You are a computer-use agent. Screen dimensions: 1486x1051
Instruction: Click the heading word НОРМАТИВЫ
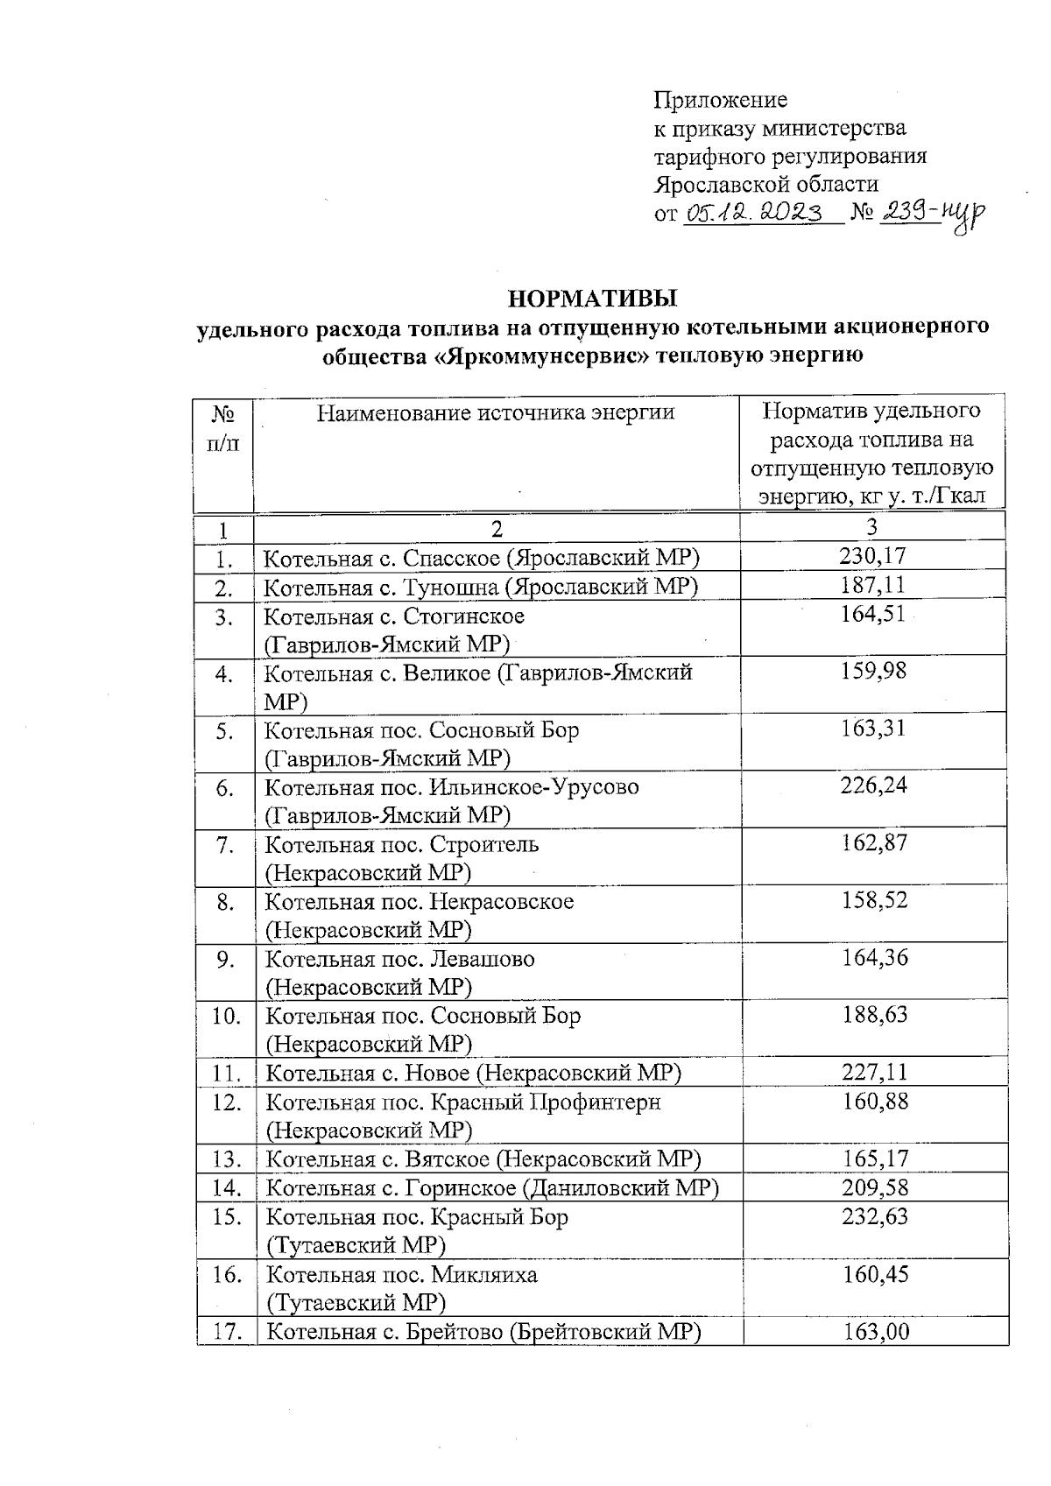pos(593,299)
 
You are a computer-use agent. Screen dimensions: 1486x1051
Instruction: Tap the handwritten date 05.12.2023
pos(753,213)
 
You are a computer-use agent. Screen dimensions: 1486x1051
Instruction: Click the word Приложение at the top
pos(720,100)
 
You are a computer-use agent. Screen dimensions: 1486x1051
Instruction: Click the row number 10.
pos(227,1016)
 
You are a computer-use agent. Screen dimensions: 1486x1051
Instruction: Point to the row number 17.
pos(228,1332)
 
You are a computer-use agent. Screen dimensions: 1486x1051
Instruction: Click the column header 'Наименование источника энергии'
pos(496,412)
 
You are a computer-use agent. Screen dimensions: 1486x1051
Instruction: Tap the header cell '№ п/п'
pos(223,427)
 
